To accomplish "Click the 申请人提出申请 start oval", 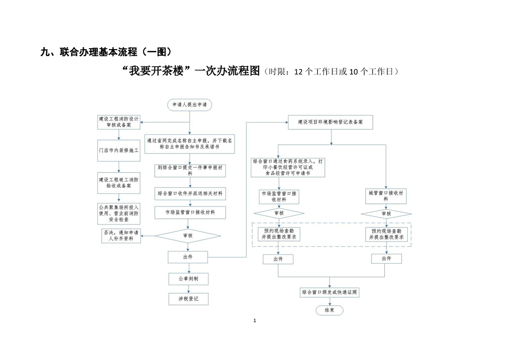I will click(189, 105).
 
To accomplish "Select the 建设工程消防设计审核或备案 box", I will click(119, 121).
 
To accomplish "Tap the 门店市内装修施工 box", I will click(119, 150).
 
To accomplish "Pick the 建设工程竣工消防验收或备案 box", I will click(119, 182).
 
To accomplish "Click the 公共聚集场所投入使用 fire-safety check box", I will click(119, 213).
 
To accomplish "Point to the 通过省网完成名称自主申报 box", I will click(190, 143).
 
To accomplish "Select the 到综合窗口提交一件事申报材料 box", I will click(190, 170).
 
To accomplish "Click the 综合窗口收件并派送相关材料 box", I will click(190, 193).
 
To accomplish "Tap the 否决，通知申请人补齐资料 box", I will click(121, 236).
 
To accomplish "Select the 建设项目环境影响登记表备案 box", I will click(331, 122).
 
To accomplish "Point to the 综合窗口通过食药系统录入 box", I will click(288, 167).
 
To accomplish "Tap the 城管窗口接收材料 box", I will click(386, 196).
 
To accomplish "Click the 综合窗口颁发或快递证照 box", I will click(330, 293).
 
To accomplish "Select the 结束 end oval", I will click(329, 310).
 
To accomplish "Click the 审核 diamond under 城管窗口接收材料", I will click(386, 213).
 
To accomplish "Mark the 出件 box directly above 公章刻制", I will click(188, 257).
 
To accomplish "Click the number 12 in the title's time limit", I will click(299, 72).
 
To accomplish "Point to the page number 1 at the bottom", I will click(254, 321).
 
